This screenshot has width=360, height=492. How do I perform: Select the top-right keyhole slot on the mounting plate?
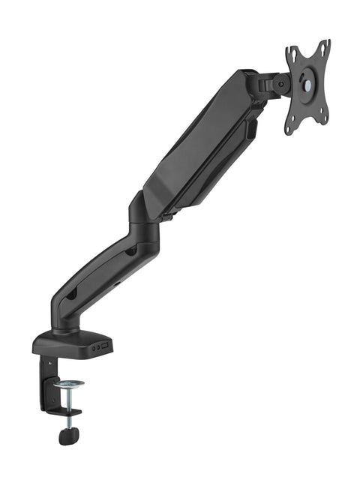tap(324, 46)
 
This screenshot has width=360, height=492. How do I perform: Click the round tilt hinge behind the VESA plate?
tap(280, 84)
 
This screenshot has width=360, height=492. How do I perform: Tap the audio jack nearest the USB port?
tap(98, 347)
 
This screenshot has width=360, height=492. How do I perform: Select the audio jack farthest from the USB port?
tap(93, 349)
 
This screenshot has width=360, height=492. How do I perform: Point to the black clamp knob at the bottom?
tap(68, 436)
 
